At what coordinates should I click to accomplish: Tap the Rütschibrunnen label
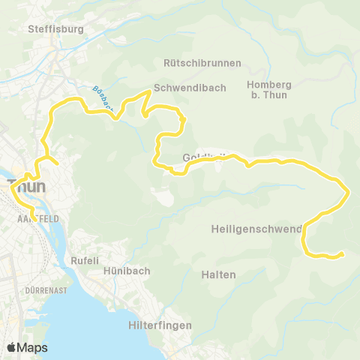pos(197,63)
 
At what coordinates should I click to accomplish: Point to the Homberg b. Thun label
pos(268,89)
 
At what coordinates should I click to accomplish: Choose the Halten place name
pos(219,274)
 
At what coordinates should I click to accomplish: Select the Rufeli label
pos(85,261)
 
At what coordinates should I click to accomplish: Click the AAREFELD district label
pos(31,218)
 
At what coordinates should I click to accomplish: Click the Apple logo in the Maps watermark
pos(12,347)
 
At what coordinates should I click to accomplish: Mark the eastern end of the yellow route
pos(342,254)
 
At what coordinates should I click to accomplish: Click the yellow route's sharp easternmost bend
pos(349,193)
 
